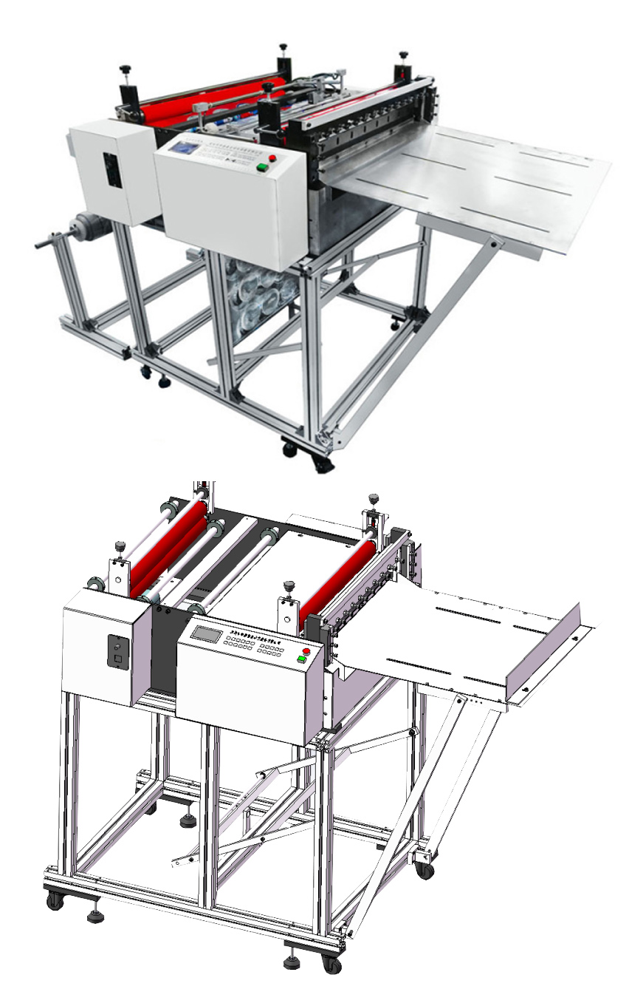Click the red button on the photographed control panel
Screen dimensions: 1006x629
click(272, 158)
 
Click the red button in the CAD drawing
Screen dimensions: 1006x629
click(306, 651)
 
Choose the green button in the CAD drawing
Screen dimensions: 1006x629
click(301, 660)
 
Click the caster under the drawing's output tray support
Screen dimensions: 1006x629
click(425, 870)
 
